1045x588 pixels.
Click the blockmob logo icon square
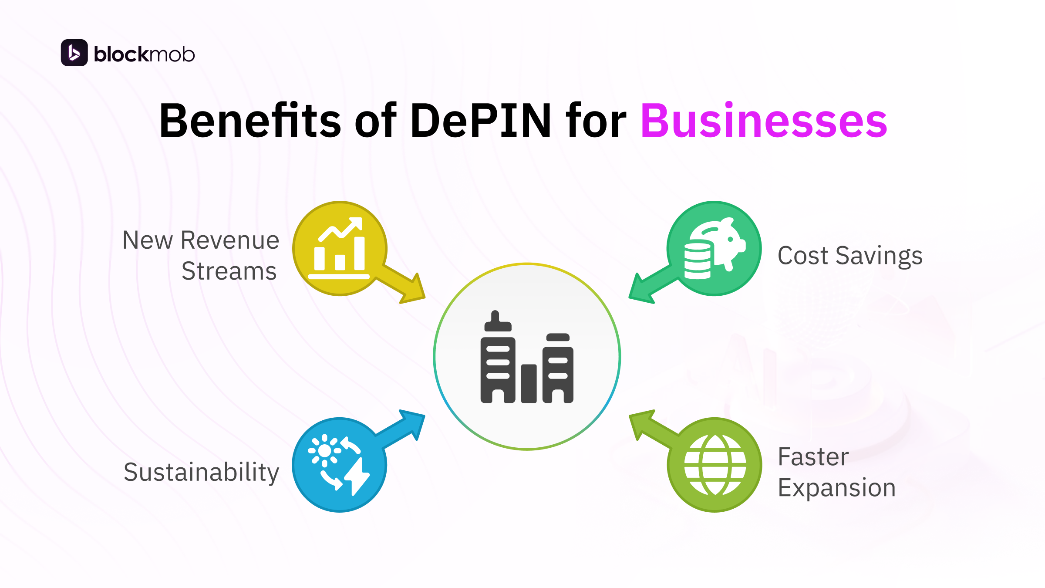point(74,53)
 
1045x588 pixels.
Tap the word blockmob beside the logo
point(144,54)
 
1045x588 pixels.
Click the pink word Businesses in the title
point(763,121)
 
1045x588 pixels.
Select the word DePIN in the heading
point(481,121)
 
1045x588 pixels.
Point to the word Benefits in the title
point(250,121)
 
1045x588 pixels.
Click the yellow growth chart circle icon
point(340,248)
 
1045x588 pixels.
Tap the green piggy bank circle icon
point(714,248)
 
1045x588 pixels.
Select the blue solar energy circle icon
point(339,465)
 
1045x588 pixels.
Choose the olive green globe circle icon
point(715,465)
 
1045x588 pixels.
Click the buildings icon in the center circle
point(527,357)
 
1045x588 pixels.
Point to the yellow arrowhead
point(414,290)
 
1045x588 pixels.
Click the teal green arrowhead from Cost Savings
point(641,290)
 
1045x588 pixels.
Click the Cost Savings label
point(850,256)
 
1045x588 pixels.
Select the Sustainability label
point(201,472)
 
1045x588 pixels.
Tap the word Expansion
point(836,487)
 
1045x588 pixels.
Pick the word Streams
point(229,271)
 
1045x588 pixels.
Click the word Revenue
point(229,240)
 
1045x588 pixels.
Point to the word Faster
point(813,457)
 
